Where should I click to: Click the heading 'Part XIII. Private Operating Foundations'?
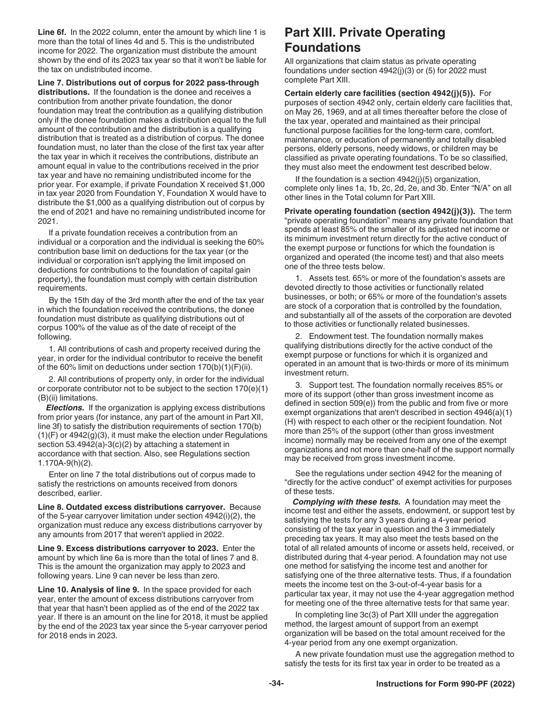coord(365,40)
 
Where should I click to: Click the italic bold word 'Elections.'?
coord(65,407)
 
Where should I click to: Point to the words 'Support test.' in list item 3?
coord(332,385)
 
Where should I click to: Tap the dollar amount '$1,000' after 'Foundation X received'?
coord(252,184)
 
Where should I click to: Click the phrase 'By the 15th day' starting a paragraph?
coord(79,300)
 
